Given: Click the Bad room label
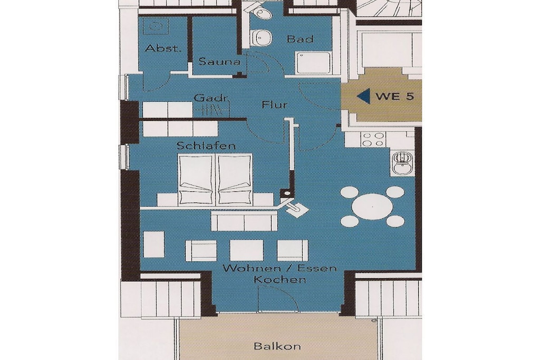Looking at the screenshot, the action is (300, 39).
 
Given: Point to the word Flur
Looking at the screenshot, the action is (274, 104).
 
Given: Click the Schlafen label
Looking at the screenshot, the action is (206, 145).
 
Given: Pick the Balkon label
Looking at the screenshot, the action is (277, 346).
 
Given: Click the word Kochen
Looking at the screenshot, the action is (279, 279).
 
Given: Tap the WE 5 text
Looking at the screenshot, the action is (394, 96).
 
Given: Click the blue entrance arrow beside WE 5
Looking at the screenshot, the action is (363, 95).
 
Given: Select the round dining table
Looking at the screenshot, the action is (372, 207).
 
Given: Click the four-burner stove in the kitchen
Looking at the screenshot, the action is (373, 139).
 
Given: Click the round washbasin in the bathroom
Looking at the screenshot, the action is (263, 37).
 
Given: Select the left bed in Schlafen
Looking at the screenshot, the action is (196, 179).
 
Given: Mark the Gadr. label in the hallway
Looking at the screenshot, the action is (211, 98).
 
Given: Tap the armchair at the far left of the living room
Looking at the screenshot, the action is (154, 245).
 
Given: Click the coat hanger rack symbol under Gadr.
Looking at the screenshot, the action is (213, 110).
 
